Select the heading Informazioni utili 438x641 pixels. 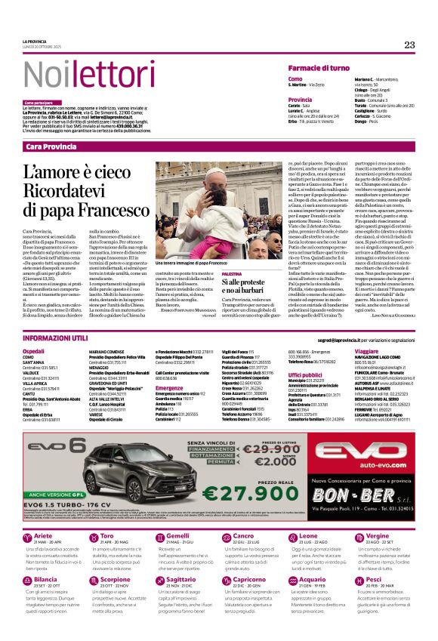coord(57,339)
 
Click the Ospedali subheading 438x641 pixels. coord(34,351)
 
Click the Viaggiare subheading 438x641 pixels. coord(366,351)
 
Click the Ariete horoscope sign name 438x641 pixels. coord(44,535)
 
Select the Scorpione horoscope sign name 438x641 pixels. coord(116,578)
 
